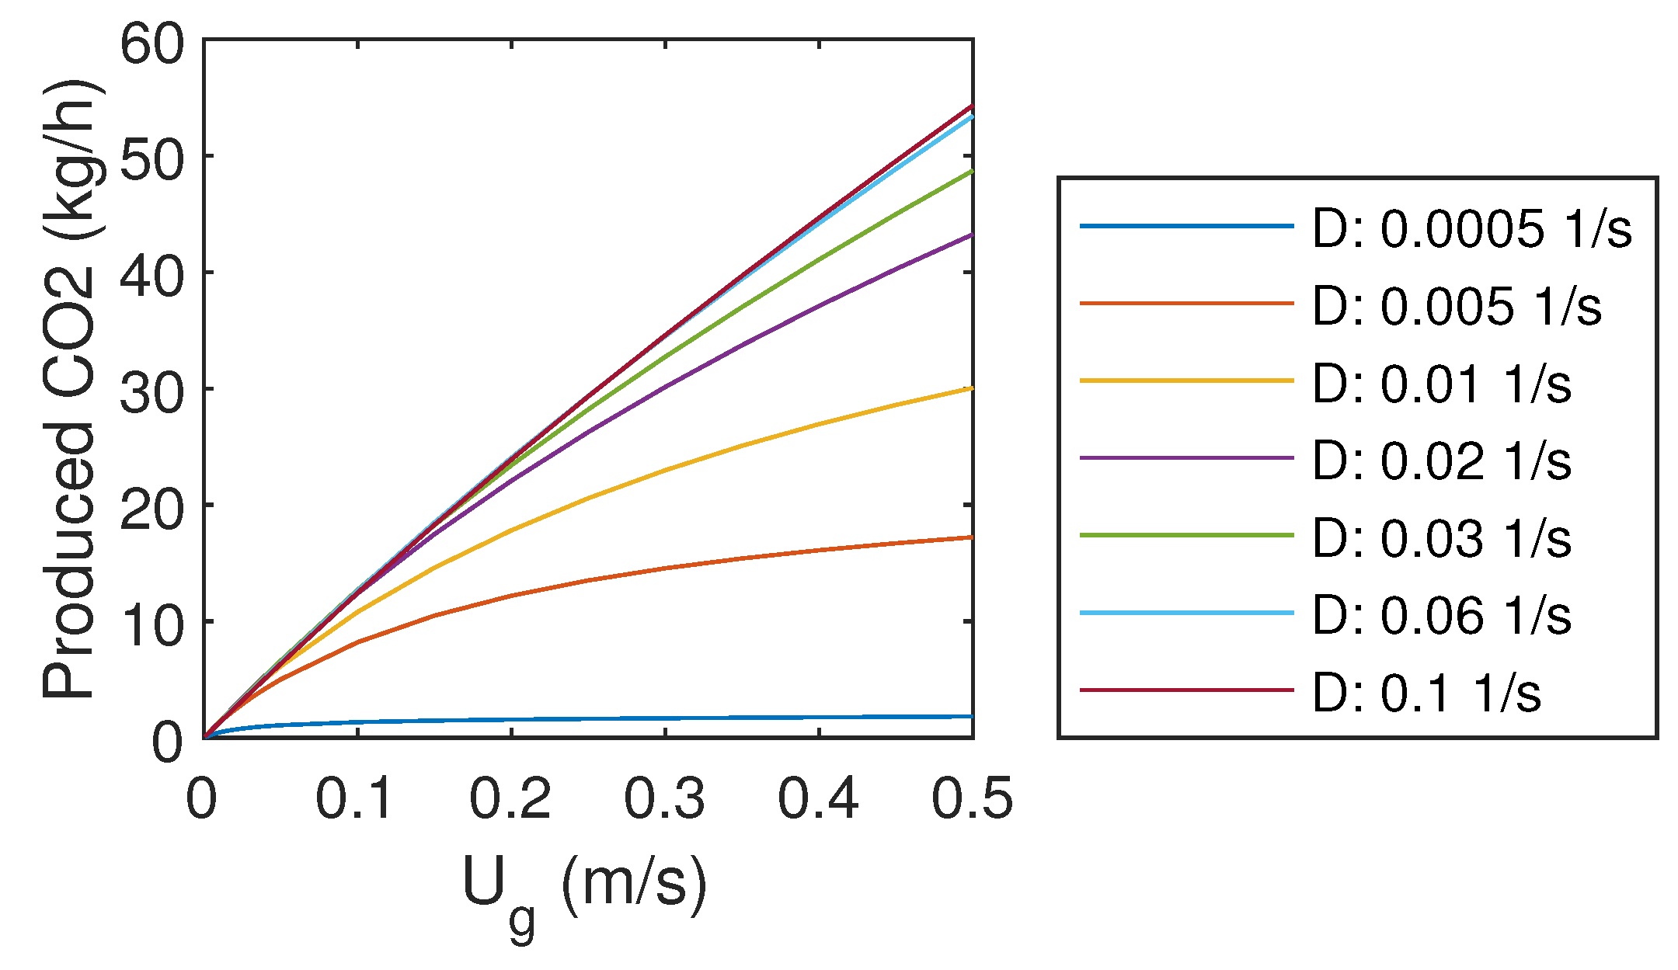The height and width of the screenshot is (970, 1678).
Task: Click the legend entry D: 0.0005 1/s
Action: pyautogui.click(x=1471, y=229)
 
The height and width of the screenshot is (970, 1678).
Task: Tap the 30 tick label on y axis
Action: pyautogui.click(x=153, y=391)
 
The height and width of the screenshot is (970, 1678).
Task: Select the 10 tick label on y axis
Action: pyautogui.click(x=153, y=624)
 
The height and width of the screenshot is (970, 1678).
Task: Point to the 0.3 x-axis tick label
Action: pyautogui.click(x=664, y=798)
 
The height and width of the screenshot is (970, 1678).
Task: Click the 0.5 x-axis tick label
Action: pyautogui.click(x=972, y=798)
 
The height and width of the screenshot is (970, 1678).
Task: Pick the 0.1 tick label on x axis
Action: pyautogui.click(x=355, y=798)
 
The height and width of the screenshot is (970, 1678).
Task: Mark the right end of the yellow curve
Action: pyautogui.click(x=972, y=388)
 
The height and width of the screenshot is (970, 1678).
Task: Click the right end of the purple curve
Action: pyautogui.click(x=972, y=235)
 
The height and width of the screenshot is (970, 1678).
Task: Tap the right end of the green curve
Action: pyautogui.click(x=972, y=172)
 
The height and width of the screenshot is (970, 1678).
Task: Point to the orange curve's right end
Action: pyautogui.click(x=972, y=537)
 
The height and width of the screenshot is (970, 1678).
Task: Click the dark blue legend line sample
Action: pyautogui.click(x=1186, y=227)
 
